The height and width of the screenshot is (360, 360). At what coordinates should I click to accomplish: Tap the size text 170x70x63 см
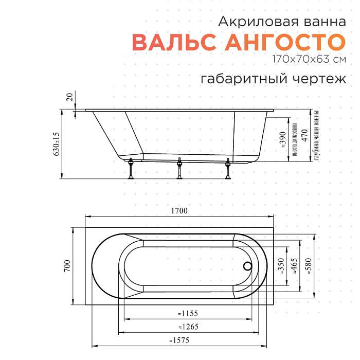pos(310,59)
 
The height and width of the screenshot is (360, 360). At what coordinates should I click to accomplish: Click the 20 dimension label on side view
pos(69,97)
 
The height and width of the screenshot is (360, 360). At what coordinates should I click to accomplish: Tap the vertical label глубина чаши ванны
pos(317,136)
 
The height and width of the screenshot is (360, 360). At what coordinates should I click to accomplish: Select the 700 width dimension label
pos(66,266)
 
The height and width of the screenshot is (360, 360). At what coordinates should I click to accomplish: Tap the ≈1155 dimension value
pos(188,313)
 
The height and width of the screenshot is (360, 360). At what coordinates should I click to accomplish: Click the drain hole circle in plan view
pos(247,266)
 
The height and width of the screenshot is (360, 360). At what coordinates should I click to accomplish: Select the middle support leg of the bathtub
pos(179,169)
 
